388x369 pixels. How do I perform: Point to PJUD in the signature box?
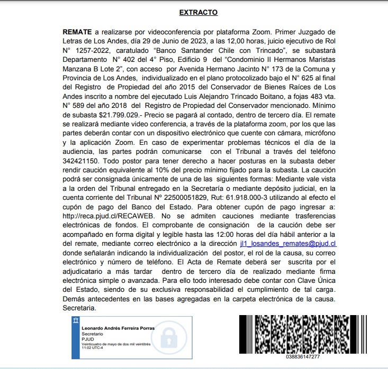88,339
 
